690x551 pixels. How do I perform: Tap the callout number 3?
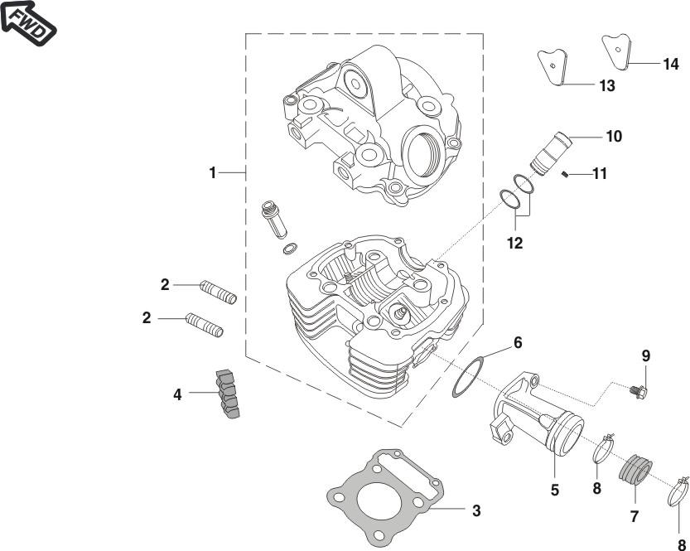(476, 510)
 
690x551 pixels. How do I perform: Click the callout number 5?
(555, 490)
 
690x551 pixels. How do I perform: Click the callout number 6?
(518, 341)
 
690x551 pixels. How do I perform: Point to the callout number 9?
(645, 355)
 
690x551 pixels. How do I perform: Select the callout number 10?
(614, 136)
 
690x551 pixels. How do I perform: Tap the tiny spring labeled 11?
(563, 174)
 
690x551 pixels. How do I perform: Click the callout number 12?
(516, 244)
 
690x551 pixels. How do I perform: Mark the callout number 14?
(670, 64)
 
